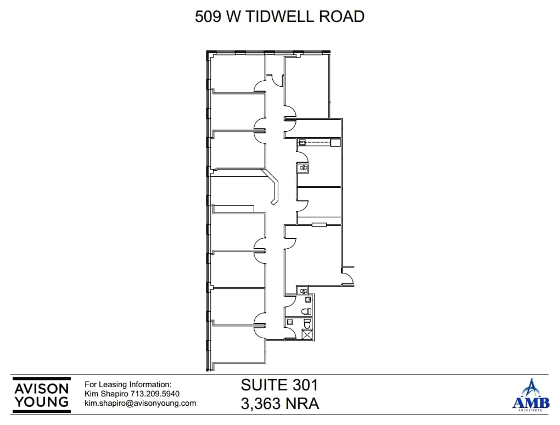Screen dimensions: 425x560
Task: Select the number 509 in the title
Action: (x=206, y=16)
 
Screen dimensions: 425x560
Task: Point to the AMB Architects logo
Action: (x=530, y=395)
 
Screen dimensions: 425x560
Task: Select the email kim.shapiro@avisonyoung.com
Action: (x=140, y=403)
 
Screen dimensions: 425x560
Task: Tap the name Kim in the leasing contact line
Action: (x=92, y=394)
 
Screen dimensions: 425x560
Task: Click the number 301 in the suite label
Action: (x=304, y=384)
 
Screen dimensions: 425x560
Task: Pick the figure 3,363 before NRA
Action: (x=261, y=404)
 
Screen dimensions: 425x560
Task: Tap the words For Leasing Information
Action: (x=127, y=385)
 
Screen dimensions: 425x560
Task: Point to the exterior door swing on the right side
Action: (x=348, y=278)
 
